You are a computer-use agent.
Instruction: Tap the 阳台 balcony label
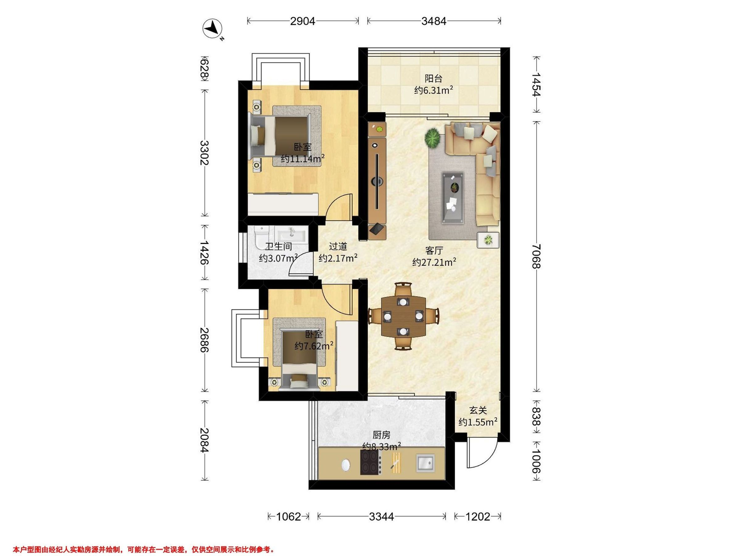(x=433, y=79)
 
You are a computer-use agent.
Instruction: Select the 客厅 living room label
(x=434, y=250)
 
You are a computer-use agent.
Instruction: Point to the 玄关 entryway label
(x=478, y=410)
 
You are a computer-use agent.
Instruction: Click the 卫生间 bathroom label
(x=279, y=247)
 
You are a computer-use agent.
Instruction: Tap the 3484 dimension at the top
(x=434, y=21)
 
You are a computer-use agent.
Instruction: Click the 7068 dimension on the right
(x=536, y=256)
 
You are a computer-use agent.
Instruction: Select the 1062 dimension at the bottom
(x=288, y=516)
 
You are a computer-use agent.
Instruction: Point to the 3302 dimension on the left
(x=204, y=153)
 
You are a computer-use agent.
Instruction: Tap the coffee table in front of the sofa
(x=453, y=197)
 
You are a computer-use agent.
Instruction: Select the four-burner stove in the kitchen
(x=371, y=462)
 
